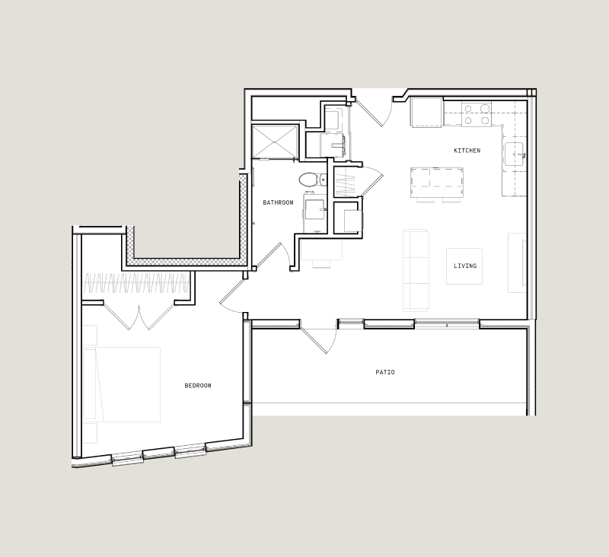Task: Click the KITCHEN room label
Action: tap(467, 151)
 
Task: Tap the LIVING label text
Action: tap(464, 266)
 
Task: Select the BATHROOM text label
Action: tap(278, 202)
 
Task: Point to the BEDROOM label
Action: tap(198, 386)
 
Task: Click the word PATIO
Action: tap(385, 372)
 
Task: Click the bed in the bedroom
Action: tap(126, 384)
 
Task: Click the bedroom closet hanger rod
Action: tap(137, 285)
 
